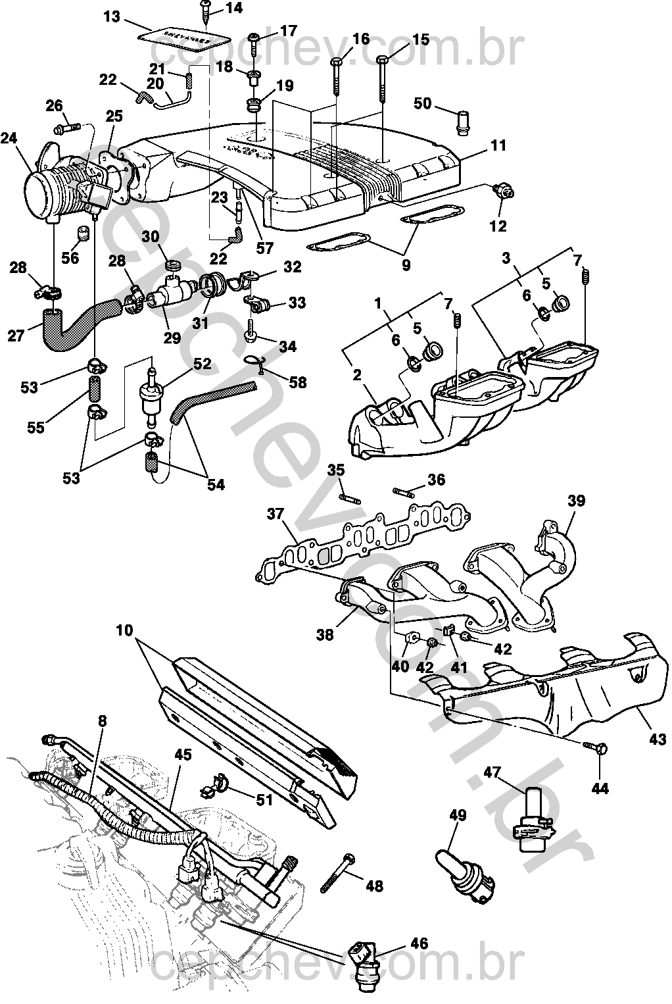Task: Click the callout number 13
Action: click(x=112, y=16)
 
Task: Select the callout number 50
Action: click(x=423, y=103)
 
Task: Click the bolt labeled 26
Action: click(x=66, y=124)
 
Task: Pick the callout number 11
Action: click(x=499, y=145)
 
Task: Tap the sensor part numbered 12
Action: click(x=505, y=191)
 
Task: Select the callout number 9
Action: click(x=406, y=265)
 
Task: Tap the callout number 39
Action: click(x=576, y=501)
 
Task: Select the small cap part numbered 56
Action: click(x=83, y=234)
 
